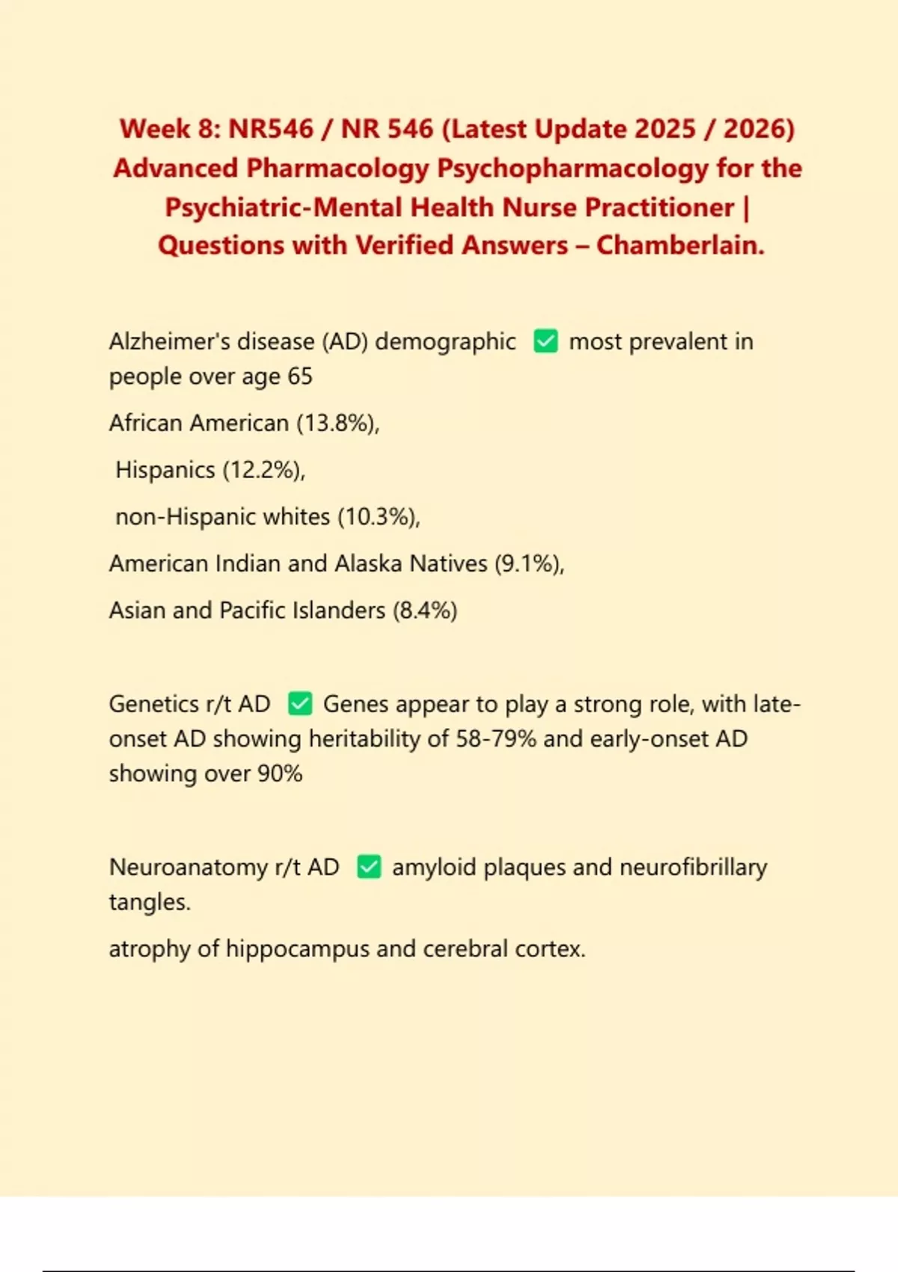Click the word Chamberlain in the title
(679, 245)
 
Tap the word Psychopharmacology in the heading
(572, 168)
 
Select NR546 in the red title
(271, 129)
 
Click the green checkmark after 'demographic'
(546, 342)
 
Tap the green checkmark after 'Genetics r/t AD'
(300, 704)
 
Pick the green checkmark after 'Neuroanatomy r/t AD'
(369, 867)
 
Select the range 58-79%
(496, 739)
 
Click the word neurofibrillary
(693, 867)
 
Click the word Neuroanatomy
(189, 867)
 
